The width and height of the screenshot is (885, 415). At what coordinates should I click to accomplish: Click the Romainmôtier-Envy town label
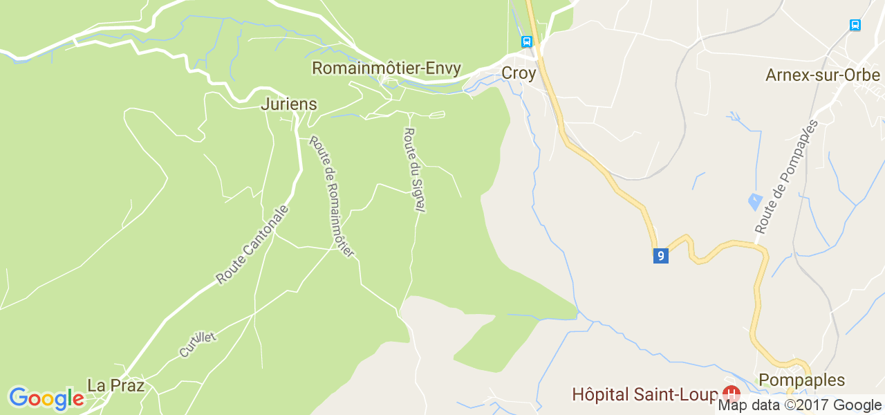click(386, 68)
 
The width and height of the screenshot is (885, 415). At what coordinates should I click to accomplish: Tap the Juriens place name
click(289, 104)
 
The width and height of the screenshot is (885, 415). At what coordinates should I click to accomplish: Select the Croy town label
click(519, 73)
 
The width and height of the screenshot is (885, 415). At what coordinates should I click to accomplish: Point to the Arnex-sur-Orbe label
click(822, 75)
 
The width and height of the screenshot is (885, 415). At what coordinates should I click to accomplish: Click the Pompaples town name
click(801, 380)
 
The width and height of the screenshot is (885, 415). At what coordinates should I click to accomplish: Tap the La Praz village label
click(115, 385)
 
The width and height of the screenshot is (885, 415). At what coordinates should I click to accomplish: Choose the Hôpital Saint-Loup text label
click(644, 394)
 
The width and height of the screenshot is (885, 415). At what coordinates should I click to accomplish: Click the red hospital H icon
click(730, 394)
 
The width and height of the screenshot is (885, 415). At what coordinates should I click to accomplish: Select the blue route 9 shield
click(660, 255)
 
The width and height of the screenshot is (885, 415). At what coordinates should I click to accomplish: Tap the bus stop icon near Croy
click(527, 41)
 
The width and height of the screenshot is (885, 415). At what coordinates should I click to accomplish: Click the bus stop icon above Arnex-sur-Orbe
click(855, 26)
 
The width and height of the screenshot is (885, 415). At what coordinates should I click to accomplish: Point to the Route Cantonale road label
click(252, 244)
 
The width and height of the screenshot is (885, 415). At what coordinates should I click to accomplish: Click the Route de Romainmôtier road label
click(332, 196)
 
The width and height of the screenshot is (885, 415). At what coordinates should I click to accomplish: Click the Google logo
click(46, 398)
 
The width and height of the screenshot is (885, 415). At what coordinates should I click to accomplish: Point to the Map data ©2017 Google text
click(799, 405)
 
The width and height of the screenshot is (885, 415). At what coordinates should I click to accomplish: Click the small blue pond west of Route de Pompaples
click(756, 203)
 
